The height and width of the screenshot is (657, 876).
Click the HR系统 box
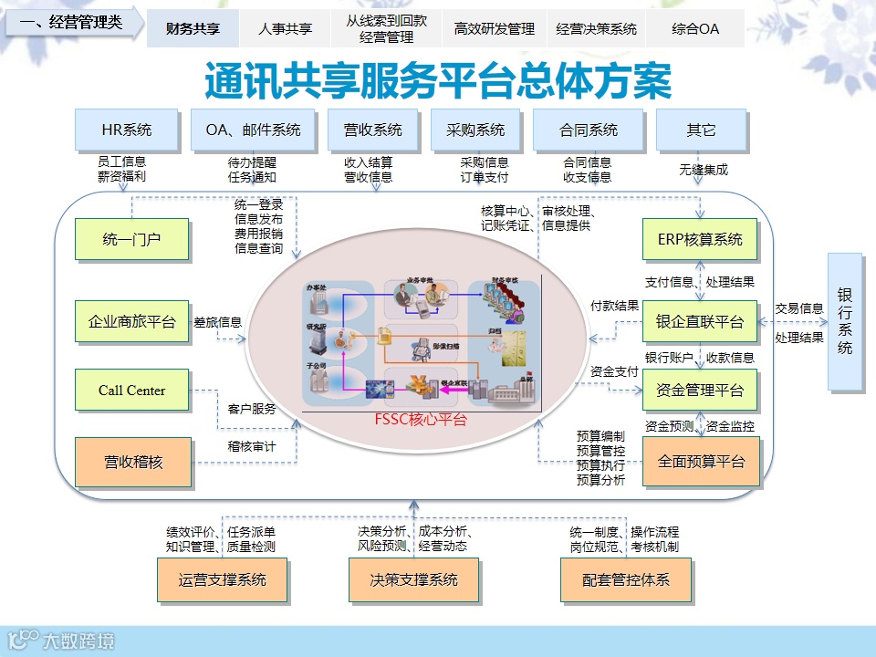coord(126,130)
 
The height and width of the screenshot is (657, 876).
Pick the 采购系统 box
coord(475,130)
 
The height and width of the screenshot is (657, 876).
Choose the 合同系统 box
coord(589,130)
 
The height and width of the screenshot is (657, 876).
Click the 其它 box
coord(701,130)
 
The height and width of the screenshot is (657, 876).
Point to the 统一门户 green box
coord(131,240)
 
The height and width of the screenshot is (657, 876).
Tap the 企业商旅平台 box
coord(131,321)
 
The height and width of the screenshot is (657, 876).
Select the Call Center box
coord(131,391)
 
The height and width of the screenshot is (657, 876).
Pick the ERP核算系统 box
coord(700,240)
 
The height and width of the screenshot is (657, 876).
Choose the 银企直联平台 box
coord(700,321)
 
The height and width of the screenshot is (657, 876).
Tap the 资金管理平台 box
coord(700,391)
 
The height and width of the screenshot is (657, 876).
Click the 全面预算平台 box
coord(700,461)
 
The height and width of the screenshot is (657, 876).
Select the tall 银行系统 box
coord(845,321)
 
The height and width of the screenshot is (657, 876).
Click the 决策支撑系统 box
coord(413,579)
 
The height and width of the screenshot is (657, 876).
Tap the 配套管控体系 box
coord(626,579)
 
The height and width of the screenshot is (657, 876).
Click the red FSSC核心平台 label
coord(420,420)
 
